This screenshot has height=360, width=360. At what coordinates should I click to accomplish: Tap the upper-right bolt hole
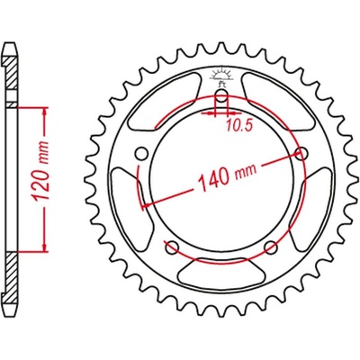tap(301, 153)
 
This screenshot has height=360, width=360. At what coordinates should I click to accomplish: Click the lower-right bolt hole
tap(271, 245)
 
